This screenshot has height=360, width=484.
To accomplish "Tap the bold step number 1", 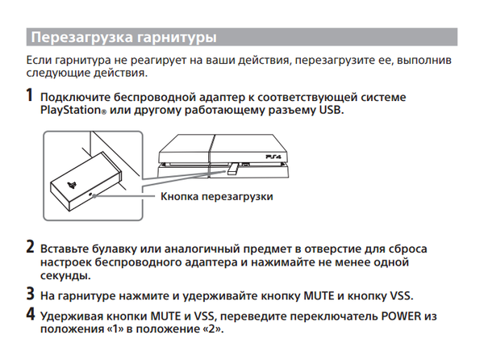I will (x=30, y=97).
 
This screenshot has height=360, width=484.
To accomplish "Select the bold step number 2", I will (x=30, y=247).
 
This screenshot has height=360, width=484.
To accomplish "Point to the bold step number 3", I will (x=30, y=295).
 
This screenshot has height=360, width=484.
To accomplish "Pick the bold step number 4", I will (x=30, y=314).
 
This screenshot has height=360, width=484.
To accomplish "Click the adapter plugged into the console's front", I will (x=232, y=170).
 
